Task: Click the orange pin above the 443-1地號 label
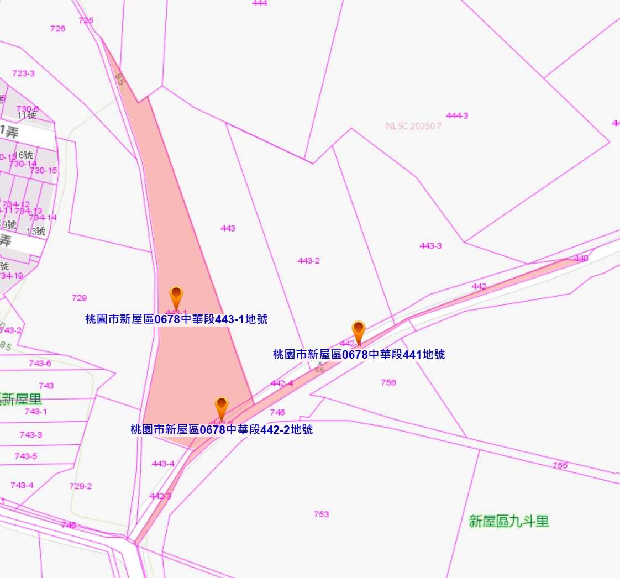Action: (x=176, y=296)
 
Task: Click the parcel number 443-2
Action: (x=308, y=261)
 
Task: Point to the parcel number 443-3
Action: (x=430, y=246)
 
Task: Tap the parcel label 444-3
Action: (x=457, y=115)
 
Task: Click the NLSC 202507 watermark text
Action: (x=413, y=126)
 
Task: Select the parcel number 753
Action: (x=321, y=514)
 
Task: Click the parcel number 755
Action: (x=560, y=465)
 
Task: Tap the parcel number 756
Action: (x=388, y=382)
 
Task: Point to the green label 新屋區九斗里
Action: (x=509, y=521)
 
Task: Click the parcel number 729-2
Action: (x=81, y=486)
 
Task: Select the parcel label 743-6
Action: (x=40, y=364)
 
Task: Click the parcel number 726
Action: (x=57, y=29)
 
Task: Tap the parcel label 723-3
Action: (x=23, y=73)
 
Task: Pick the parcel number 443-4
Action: (x=163, y=464)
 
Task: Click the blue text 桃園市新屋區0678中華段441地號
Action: (x=359, y=355)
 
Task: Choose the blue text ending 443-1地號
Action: (x=176, y=319)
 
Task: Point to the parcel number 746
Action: (x=277, y=412)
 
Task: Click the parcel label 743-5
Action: (x=26, y=456)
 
